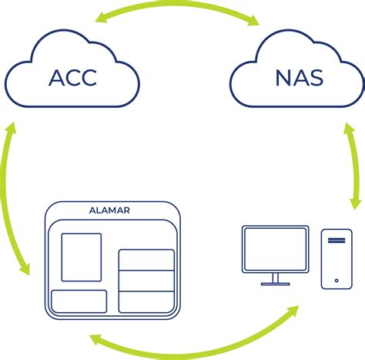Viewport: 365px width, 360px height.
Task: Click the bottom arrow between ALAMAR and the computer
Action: click(193, 345)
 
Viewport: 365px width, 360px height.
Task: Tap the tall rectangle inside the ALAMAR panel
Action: click(81, 257)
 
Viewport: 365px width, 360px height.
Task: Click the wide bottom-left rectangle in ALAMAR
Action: click(79, 301)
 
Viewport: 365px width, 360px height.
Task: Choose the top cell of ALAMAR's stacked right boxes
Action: click(146, 260)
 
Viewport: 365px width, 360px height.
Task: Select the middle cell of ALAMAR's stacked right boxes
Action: click(146, 281)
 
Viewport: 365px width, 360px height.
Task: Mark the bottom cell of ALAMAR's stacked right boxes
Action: click(146, 301)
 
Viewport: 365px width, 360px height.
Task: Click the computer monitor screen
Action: click(275, 248)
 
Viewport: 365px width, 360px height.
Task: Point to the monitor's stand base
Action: click(275, 283)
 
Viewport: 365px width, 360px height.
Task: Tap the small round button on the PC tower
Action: click(337, 278)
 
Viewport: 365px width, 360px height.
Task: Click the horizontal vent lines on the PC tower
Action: click(337, 241)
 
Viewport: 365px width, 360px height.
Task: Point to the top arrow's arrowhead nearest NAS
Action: click(251, 23)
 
